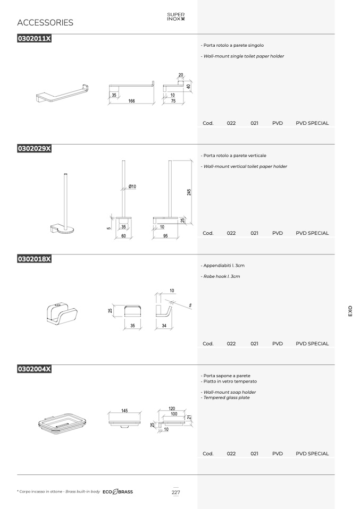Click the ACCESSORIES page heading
pos(45,22)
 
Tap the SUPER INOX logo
pos(176,16)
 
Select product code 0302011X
pos(34,38)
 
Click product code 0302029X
pos(34,148)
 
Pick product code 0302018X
pos(34,259)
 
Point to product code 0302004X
pos(34,369)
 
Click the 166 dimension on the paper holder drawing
pos(131,101)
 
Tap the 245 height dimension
pos(189,192)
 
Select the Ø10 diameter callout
pos(132,186)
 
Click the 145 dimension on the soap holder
pos(124,411)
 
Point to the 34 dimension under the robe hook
pos(164,326)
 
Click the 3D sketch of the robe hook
pos(62,313)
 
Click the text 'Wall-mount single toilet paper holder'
pos(244,56)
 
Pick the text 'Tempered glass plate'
pos(227,397)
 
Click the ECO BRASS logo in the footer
pos(118,492)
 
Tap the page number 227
pos(176,492)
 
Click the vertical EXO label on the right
pos(350,311)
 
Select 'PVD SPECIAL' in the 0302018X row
pos(312,343)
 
